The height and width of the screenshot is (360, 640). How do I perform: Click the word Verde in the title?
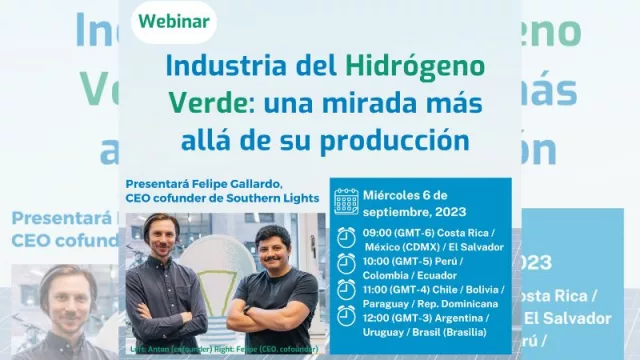(x=199, y=102)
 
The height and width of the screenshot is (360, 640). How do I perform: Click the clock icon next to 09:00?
(x=346, y=237)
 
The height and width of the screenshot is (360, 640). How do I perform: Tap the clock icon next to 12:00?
(x=346, y=315)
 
